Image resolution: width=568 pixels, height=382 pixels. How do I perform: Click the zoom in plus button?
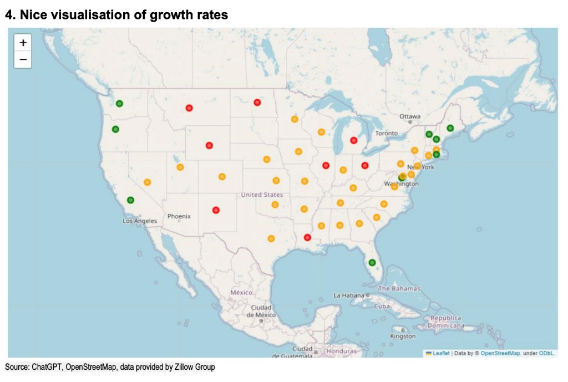23,43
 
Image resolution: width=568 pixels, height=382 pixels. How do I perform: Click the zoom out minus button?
23,59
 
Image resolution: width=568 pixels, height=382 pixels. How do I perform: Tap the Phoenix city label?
179,216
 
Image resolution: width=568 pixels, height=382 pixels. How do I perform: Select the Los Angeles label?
140,221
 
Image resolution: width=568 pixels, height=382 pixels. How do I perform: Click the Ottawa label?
410,116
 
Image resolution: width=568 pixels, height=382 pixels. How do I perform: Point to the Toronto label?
386,134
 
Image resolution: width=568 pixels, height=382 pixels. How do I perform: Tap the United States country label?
262,195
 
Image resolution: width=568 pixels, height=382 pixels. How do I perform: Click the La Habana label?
348,296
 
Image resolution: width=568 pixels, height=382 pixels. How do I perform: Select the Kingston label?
403,336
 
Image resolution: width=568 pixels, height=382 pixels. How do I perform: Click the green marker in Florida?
372,262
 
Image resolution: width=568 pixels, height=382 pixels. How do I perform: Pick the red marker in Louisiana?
308,237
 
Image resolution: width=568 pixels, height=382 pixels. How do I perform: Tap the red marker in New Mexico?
216,210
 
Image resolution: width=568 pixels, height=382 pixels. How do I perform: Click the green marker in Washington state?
119,104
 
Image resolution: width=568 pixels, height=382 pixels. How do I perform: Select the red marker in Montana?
189,108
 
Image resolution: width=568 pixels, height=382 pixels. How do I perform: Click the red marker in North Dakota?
257,103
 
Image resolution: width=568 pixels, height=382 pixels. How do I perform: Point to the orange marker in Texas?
271,239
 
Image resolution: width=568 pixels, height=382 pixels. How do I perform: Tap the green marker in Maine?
450,128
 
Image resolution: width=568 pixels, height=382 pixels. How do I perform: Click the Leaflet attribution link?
441,353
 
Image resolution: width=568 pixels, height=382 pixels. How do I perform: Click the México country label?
241,292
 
